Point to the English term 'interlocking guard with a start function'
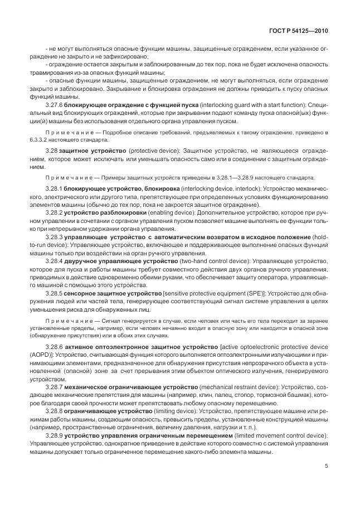[x=241, y=105]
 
